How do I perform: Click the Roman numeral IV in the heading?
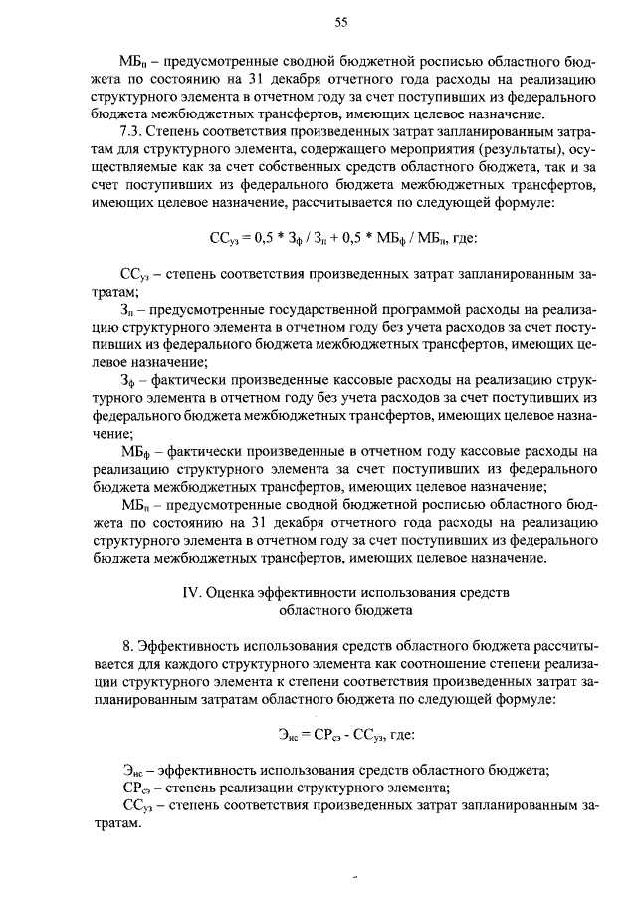coord(193,592)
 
